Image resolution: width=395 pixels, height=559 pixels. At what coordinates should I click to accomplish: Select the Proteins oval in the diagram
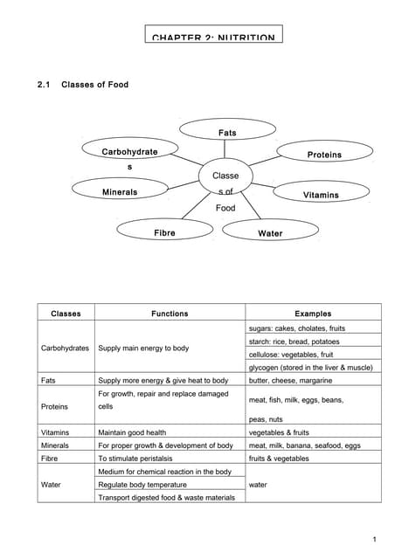click(324, 155)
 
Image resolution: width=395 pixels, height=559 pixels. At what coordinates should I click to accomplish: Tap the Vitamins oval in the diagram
click(321, 195)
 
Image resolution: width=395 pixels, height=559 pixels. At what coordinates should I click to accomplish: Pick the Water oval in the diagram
click(269, 233)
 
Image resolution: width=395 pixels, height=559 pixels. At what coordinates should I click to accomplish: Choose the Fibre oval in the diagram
click(164, 233)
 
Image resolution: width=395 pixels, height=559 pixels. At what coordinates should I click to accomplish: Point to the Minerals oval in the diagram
click(119, 191)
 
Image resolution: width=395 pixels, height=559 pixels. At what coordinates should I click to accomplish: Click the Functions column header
click(170, 313)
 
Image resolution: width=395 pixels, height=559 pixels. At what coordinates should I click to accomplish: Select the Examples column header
click(313, 313)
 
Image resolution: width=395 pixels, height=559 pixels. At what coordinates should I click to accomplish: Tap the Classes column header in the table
click(66, 313)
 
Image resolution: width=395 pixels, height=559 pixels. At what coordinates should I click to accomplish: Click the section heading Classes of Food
click(94, 85)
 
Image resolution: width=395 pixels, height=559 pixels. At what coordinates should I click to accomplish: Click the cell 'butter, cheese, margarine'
click(291, 381)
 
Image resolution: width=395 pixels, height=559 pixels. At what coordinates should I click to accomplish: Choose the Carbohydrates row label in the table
click(66, 348)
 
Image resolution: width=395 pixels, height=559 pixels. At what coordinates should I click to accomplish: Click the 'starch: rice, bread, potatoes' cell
click(295, 342)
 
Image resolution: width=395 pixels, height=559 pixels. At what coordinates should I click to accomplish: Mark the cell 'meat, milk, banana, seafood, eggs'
click(304, 445)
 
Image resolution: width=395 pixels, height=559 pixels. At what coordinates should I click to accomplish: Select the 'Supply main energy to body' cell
click(143, 348)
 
